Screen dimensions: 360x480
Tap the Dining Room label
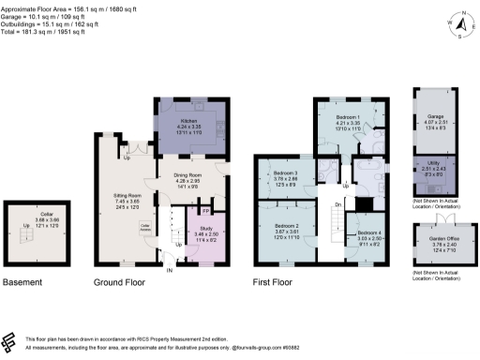point(189,175)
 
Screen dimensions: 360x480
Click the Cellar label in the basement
point(33,216)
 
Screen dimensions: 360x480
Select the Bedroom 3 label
point(285,173)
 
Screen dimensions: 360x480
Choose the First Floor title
point(278,281)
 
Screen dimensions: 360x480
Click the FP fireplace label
point(205,212)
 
